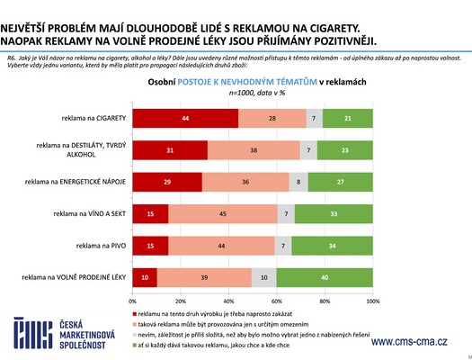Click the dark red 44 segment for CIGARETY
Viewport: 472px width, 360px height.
185,119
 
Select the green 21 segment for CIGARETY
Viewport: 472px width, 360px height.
348,119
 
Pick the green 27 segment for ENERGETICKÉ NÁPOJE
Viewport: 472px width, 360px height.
341,182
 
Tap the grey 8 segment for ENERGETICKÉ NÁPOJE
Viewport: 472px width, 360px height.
298,182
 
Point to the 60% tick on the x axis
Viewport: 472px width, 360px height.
277,300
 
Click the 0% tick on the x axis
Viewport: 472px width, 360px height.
133,300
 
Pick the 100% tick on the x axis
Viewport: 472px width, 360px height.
373,300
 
